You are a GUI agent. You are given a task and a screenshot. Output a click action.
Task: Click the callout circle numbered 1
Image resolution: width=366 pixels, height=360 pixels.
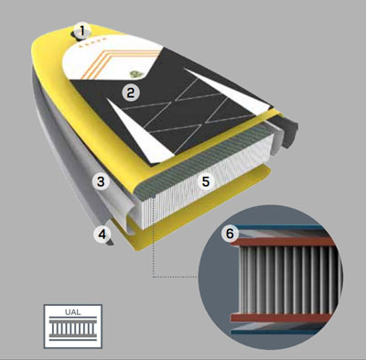[83, 30]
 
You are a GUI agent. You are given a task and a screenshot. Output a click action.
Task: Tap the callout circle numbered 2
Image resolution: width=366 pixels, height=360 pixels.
[132, 93]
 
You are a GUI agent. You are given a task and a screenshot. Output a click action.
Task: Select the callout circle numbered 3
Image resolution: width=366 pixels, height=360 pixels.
[105, 181]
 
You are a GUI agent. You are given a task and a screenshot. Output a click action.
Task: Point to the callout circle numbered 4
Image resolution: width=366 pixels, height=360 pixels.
[103, 235]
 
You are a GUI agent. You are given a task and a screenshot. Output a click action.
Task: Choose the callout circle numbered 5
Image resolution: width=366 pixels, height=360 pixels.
[207, 182]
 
